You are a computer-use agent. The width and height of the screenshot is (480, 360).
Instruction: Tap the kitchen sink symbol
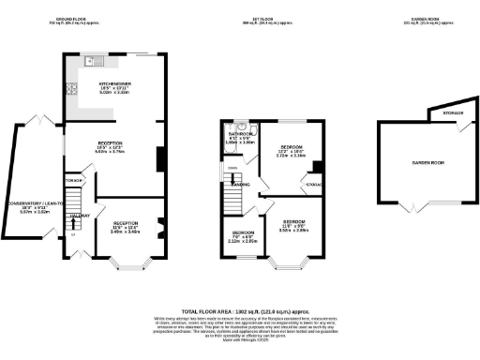(97, 62)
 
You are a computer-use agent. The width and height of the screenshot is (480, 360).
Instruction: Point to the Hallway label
(79, 216)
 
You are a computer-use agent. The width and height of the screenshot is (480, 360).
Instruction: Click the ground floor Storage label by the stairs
(73, 179)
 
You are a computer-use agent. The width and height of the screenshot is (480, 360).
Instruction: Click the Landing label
(239, 184)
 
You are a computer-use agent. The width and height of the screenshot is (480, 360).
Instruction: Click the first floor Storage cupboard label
(314, 186)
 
